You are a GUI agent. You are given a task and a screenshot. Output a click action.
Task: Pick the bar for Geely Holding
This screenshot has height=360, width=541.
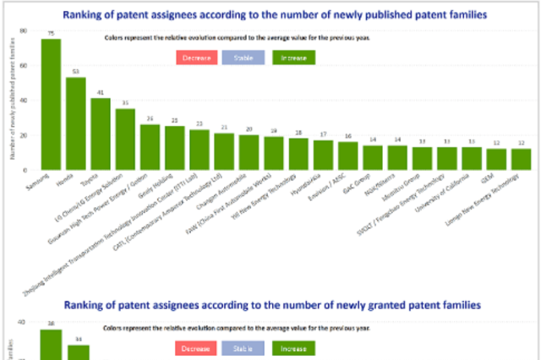click(x=175, y=148)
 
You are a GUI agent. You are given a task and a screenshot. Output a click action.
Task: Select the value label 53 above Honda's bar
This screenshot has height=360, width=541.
click(x=76, y=71)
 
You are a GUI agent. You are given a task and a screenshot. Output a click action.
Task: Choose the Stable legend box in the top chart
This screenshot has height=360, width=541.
click(x=243, y=57)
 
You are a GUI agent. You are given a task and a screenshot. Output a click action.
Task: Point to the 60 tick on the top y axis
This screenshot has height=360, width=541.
click(x=24, y=66)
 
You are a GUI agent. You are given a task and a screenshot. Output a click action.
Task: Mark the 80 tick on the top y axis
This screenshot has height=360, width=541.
click(x=24, y=30)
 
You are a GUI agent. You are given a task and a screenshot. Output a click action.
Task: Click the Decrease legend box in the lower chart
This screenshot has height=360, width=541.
click(x=195, y=348)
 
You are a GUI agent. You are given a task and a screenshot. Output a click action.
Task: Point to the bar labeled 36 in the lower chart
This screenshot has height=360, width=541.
click(x=52, y=344)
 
